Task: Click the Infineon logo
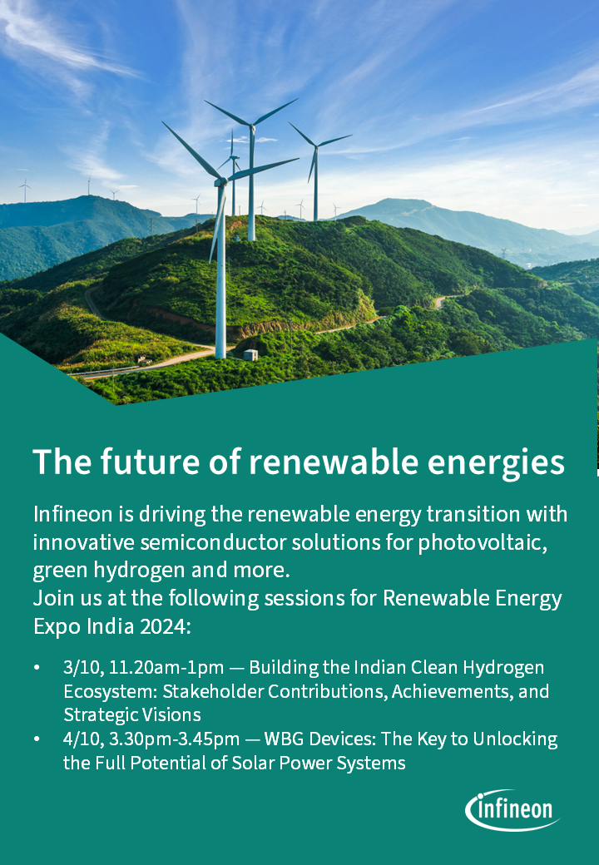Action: [512, 810]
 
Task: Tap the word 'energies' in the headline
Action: [496, 463]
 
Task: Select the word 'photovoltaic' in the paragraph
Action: [483, 543]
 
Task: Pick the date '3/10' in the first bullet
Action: [82, 668]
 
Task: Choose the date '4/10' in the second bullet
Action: [82, 739]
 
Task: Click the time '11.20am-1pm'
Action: [166, 668]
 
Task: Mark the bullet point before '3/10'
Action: [37, 668]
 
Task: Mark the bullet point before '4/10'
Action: [37, 739]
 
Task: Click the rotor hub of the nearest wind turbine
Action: [220, 181]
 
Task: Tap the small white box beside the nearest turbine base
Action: [250, 354]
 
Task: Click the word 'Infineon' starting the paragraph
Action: [73, 514]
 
